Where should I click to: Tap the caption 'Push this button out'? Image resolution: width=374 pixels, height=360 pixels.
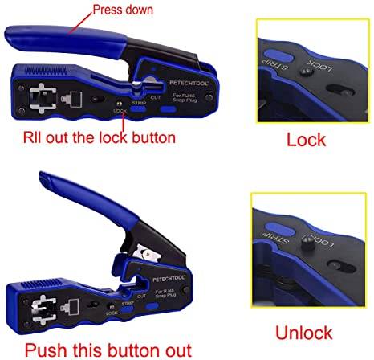pyautogui.click(x=108, y=349)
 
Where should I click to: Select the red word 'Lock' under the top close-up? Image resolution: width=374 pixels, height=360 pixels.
pyautogui.click(x=307, y=139)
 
